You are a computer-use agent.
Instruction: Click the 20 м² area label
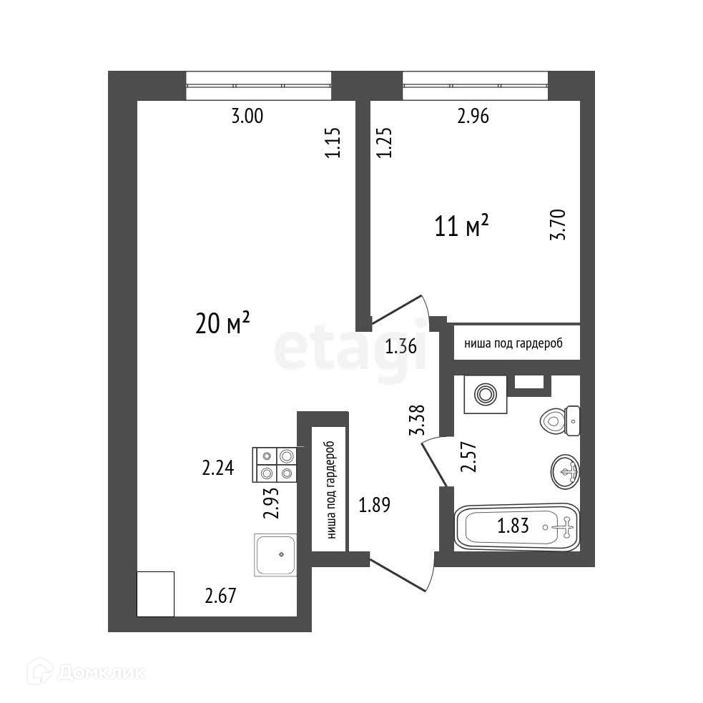222,324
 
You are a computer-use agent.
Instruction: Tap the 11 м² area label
461,227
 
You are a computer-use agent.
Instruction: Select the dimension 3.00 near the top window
247,117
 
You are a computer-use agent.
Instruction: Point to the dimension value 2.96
473,117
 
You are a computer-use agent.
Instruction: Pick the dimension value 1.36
400,348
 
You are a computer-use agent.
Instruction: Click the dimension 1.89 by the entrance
375,505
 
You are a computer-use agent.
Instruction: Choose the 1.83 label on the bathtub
513,527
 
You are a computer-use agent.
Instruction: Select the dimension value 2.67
220,594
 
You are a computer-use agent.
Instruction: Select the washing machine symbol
485,393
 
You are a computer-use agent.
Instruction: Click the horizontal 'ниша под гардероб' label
513,343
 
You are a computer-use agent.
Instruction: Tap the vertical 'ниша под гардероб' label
330,489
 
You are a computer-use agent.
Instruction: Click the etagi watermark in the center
350,349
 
